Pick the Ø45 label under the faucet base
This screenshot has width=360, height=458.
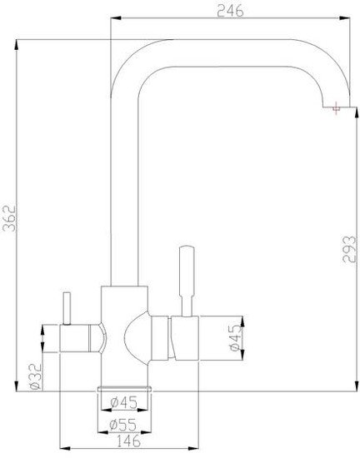(x=124, y=406)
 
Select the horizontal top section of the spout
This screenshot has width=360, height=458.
(x=225, y=49)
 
